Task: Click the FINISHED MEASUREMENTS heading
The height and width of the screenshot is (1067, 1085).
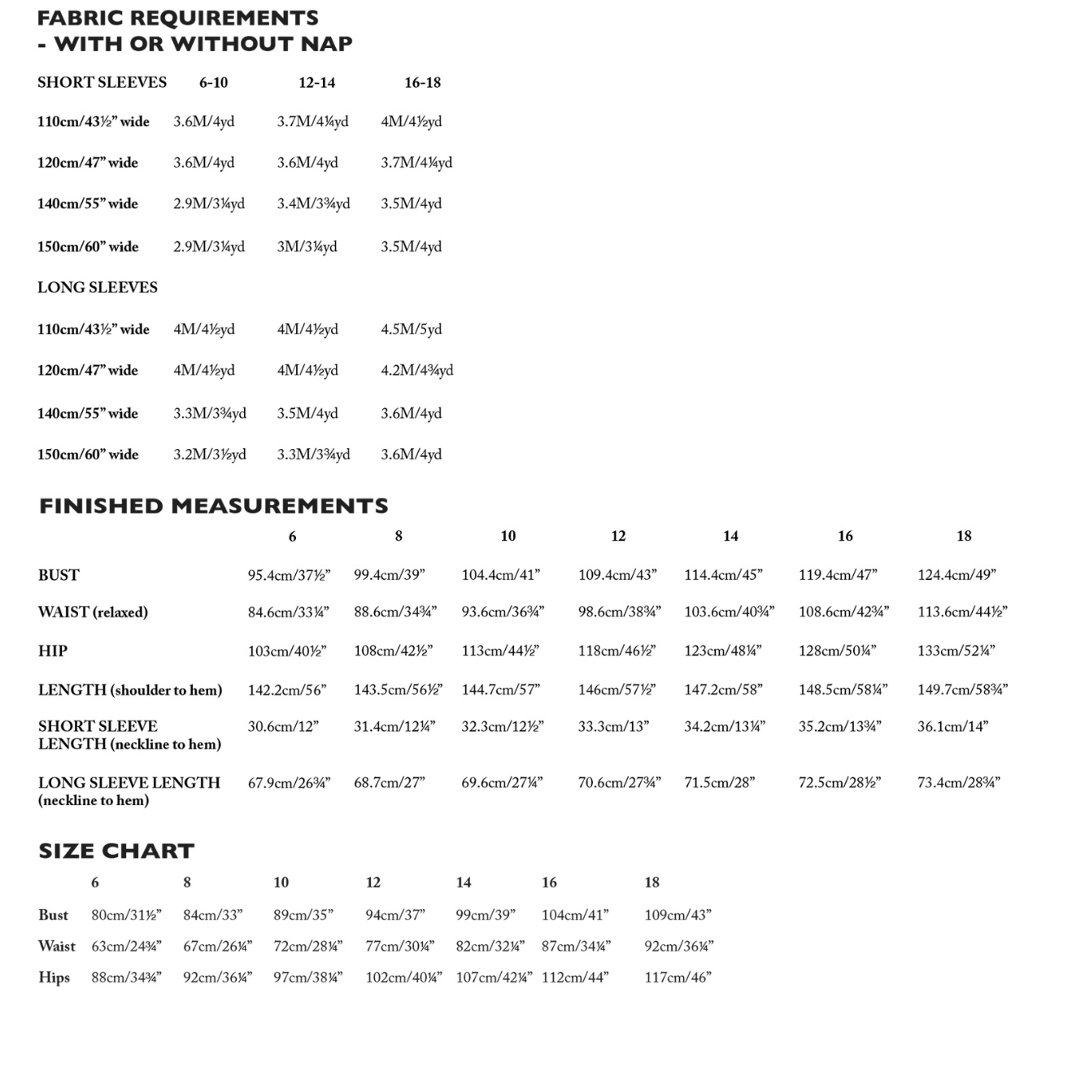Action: pos(214,506)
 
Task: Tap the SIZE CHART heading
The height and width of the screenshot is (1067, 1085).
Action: pos(116,851)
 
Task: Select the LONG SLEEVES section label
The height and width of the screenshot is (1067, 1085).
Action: pos(98,287)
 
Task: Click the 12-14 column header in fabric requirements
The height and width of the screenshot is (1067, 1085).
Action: pos(316,82)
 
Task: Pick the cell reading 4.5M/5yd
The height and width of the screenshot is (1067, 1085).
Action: pos(411,329)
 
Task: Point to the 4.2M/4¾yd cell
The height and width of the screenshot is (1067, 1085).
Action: pos(416,370)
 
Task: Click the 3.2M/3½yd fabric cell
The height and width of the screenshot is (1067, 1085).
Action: pos(209,454)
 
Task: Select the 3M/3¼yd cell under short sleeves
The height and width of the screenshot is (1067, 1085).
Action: pos(307,246)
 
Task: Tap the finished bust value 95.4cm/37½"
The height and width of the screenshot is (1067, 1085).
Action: pos(289,575)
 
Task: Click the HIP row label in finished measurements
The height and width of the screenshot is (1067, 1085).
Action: pos(53,651)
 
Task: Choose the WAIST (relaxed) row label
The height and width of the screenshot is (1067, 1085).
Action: pos(93,612)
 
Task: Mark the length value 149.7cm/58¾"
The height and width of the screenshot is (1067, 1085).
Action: pos(962,690)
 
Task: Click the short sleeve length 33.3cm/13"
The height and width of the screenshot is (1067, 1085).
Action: pos(613,726)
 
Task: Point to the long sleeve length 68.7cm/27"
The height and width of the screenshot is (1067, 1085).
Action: pos(389,782)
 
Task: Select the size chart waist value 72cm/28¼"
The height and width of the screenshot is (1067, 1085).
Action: pos(307,946)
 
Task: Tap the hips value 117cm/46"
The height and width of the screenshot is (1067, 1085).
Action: pos(678,977)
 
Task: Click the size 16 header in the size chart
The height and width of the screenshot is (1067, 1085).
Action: pos(549,882)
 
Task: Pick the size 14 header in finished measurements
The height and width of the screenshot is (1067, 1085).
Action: pos(730,536)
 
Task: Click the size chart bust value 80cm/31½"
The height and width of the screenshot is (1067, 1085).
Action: pos(126,915)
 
